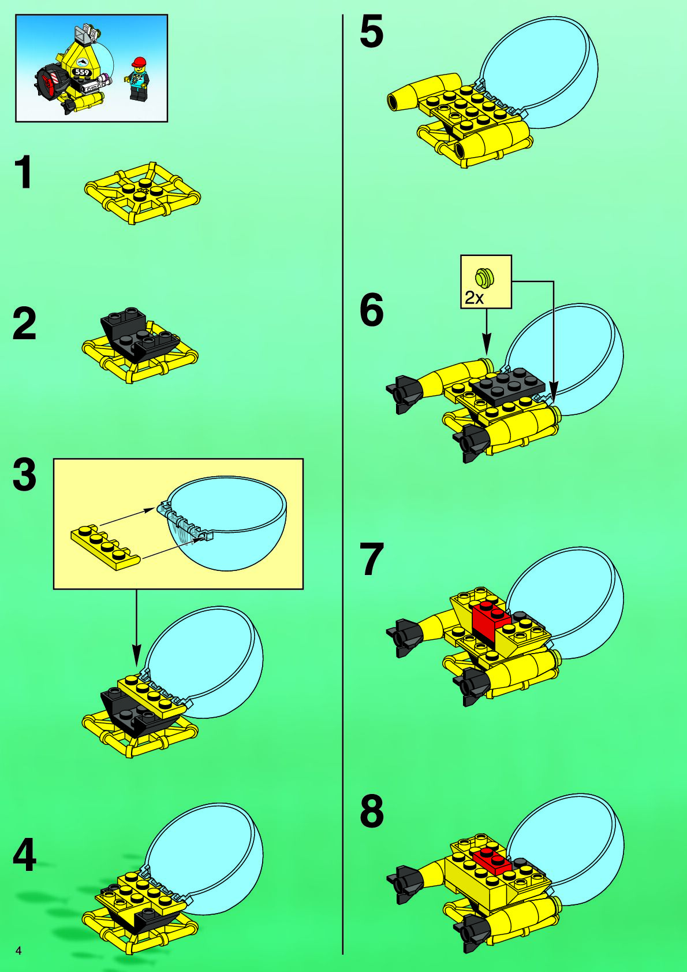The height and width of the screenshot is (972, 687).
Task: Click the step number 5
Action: (371, 31)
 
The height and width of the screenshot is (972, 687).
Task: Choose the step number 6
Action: (371, 309)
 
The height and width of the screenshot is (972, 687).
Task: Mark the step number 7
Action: (371, 559)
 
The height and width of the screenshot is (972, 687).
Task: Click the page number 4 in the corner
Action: (18, 951)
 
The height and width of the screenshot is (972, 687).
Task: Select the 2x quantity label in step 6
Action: (474, 298)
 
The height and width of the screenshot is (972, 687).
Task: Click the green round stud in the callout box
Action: (485, 277)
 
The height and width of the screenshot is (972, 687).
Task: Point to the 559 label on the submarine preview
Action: (81, 72)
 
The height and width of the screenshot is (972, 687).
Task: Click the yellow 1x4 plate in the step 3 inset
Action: (105, 546)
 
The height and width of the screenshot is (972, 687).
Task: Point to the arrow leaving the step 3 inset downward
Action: (136, 628)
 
